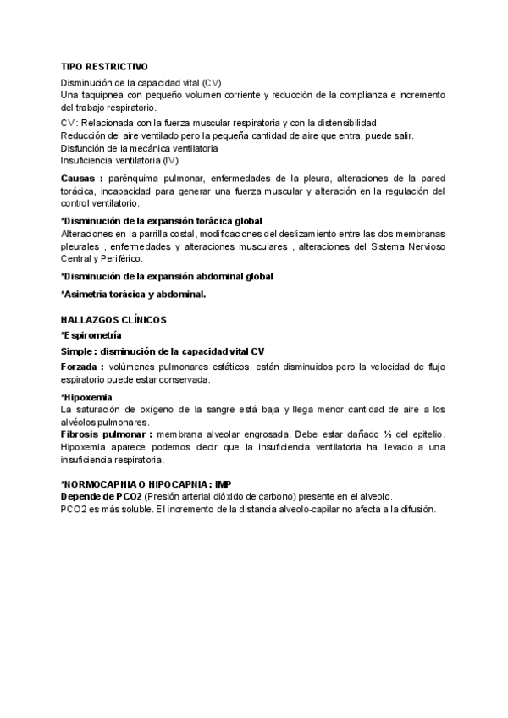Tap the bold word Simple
tap(75, 351)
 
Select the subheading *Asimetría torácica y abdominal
tap(134, 294)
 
